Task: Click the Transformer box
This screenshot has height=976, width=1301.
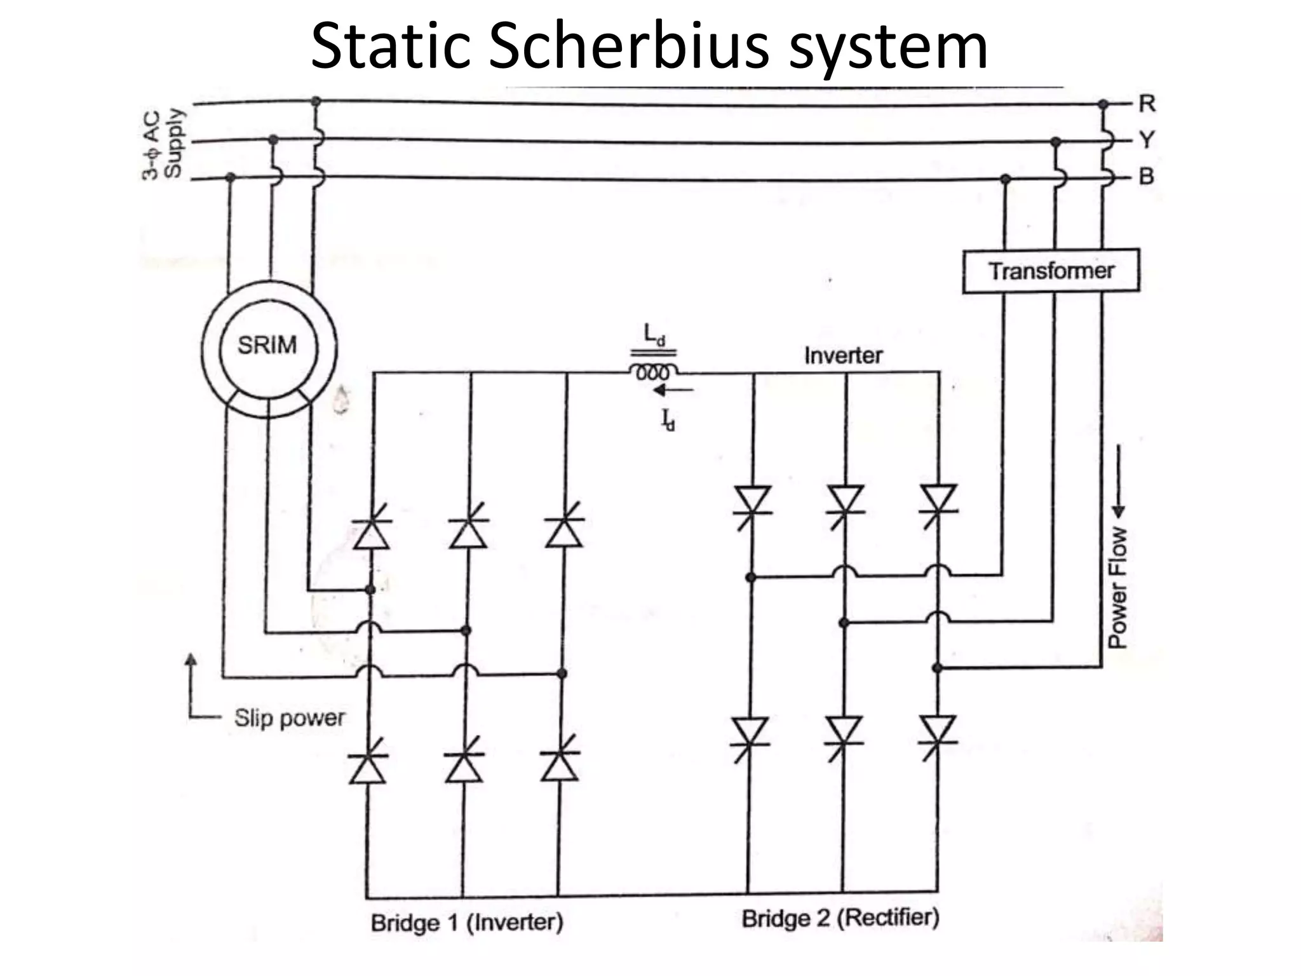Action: [1051, 271]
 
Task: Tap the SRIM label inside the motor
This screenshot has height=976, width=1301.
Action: [267, 345]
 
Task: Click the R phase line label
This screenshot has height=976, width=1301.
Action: [1147, 103]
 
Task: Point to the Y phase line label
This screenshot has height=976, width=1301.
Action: [1147, 139]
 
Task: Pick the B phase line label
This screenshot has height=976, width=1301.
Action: [1147, 176]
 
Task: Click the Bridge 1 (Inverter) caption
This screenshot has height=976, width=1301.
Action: [467, 922]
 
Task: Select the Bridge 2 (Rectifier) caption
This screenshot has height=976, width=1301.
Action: [840, 918]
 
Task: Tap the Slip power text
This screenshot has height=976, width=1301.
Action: [289, 718]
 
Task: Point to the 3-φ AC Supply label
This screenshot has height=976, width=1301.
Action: [162, 144]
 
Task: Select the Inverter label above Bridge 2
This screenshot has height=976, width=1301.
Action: [843, 355]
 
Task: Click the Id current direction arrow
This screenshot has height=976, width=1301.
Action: [671, 390]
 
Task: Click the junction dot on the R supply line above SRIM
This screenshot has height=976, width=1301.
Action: [316, 101]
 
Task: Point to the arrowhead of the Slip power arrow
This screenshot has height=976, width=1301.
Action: [190, 661]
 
